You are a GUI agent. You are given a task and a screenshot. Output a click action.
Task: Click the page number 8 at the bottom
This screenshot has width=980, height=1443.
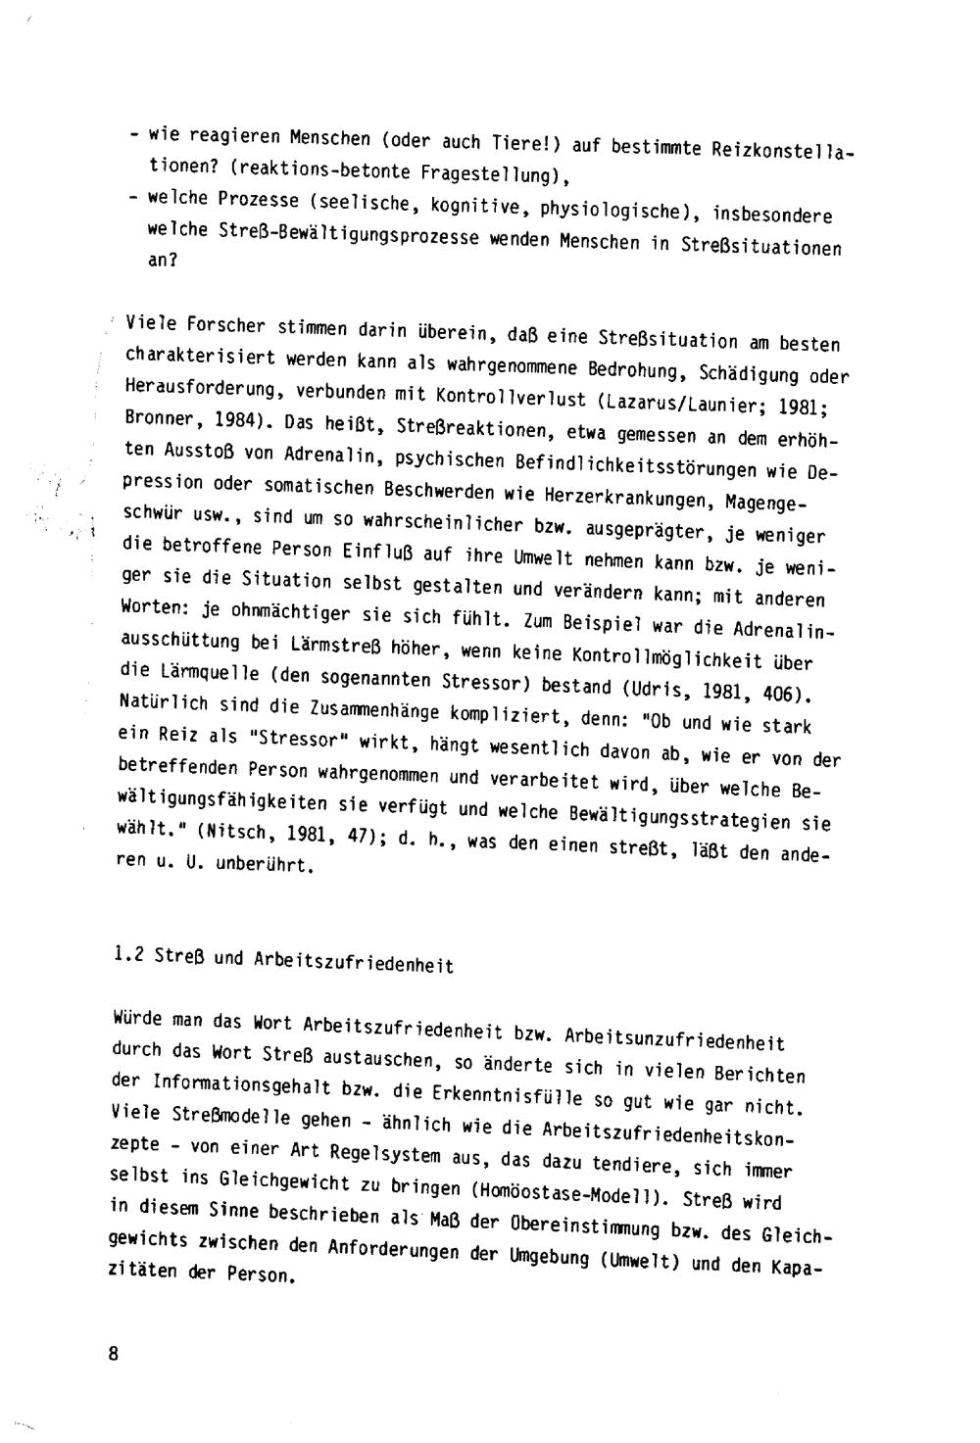(114, 1354)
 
